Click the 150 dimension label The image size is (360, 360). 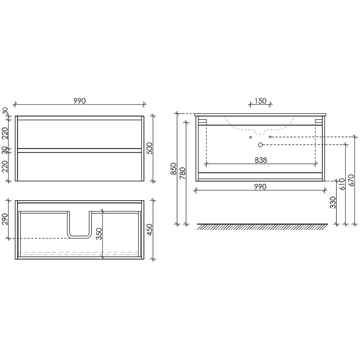261,101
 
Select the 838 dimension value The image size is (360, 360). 261,160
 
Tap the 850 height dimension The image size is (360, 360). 174,168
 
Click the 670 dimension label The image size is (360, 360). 351,180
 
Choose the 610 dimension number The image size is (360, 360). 342,184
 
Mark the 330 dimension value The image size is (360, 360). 333,202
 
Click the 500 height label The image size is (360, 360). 149,148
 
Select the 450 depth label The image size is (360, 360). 149,229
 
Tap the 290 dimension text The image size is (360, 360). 4,219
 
